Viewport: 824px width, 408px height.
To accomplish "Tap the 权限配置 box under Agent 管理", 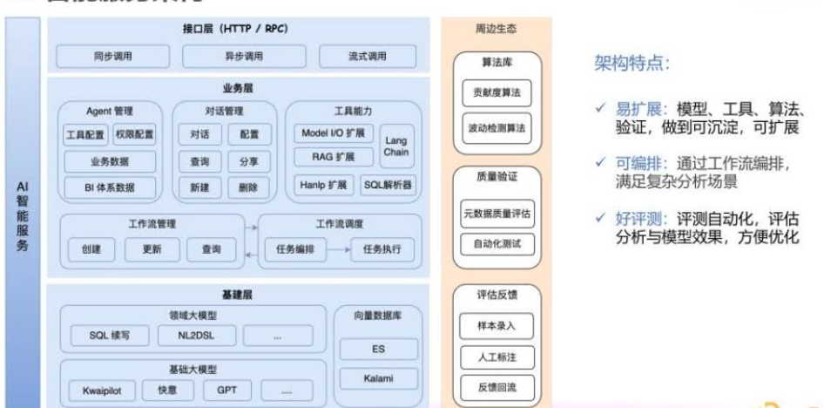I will point(134,136).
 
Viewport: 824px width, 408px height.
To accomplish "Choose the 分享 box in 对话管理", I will point(242,161).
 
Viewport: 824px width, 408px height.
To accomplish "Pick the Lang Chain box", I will point(395,146).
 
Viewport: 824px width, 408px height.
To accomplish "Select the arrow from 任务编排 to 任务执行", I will point(339,250).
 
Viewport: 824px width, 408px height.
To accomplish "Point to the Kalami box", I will point(378,379).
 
